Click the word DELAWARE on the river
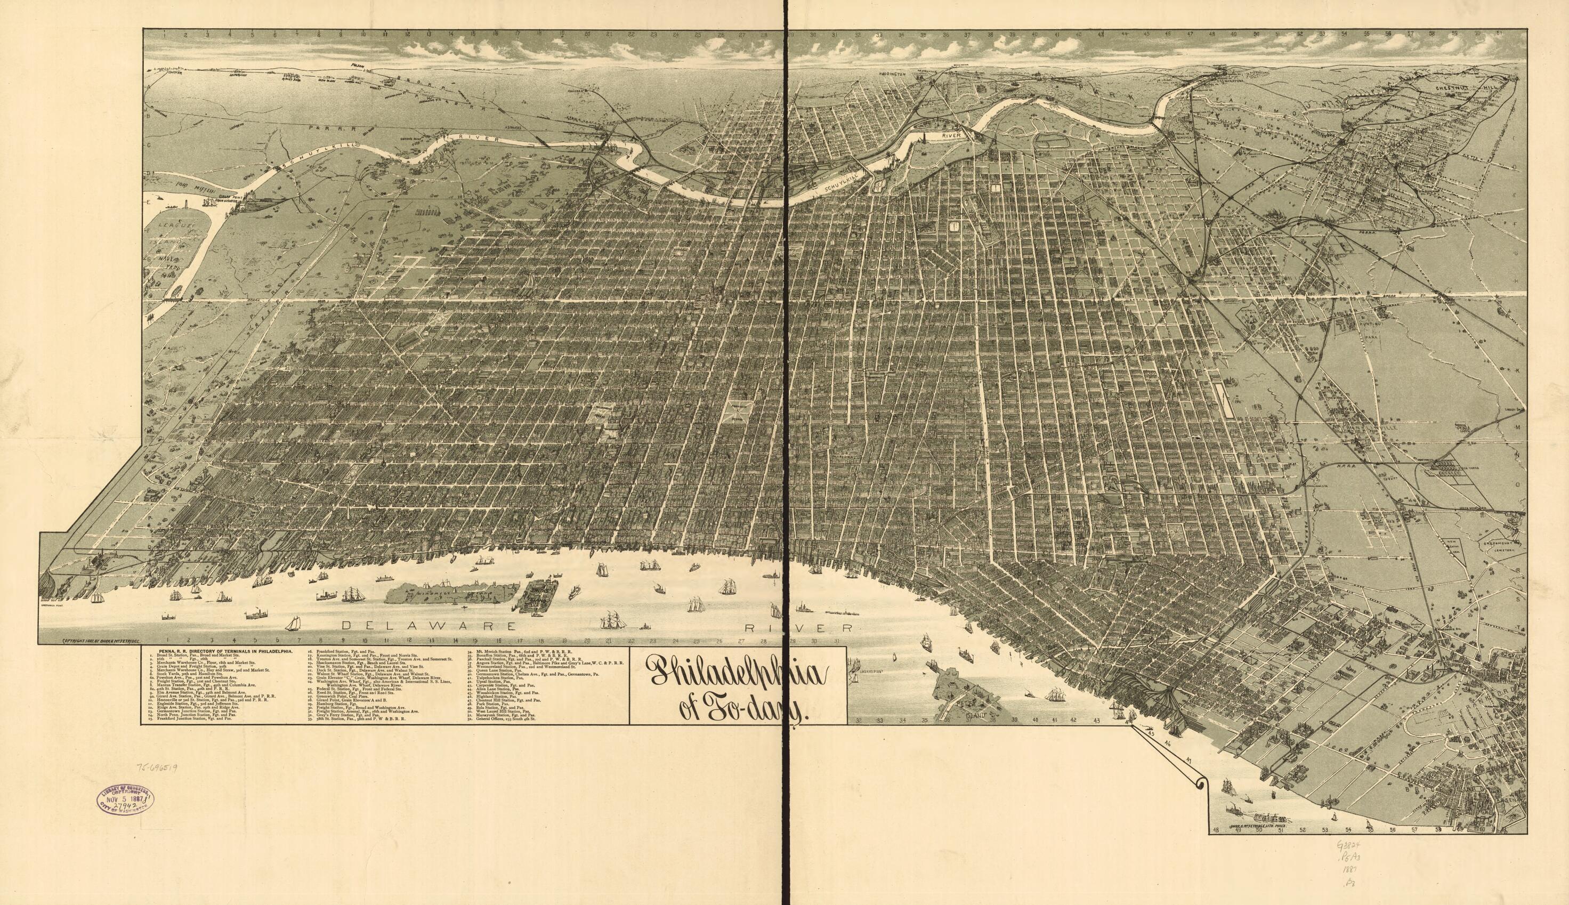click(428, 625)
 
